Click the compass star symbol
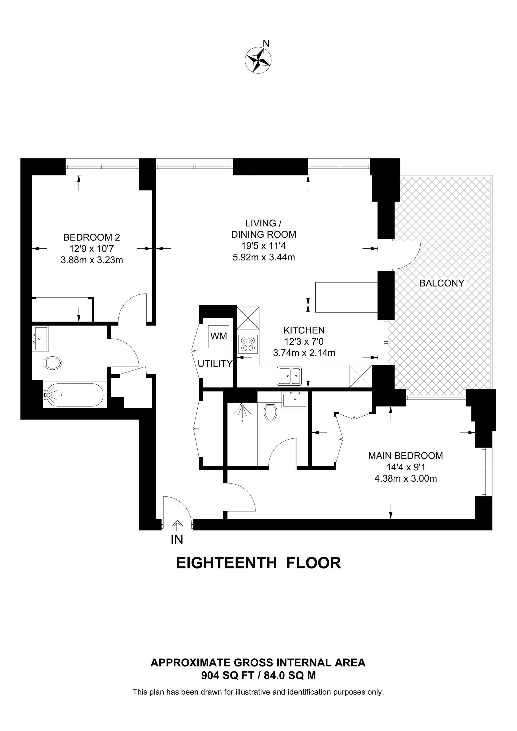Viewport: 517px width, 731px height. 258,60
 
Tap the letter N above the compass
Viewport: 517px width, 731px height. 266,43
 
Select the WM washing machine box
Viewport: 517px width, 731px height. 219,336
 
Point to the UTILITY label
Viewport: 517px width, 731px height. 215,364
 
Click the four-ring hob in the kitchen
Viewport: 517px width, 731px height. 248,344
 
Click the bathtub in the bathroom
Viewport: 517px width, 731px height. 74,395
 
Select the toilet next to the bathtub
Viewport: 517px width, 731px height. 52,363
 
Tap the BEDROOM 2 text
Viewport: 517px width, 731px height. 92,237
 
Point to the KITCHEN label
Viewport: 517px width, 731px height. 304,330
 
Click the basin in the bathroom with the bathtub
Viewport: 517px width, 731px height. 40,339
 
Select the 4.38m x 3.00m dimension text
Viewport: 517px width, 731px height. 406,479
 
